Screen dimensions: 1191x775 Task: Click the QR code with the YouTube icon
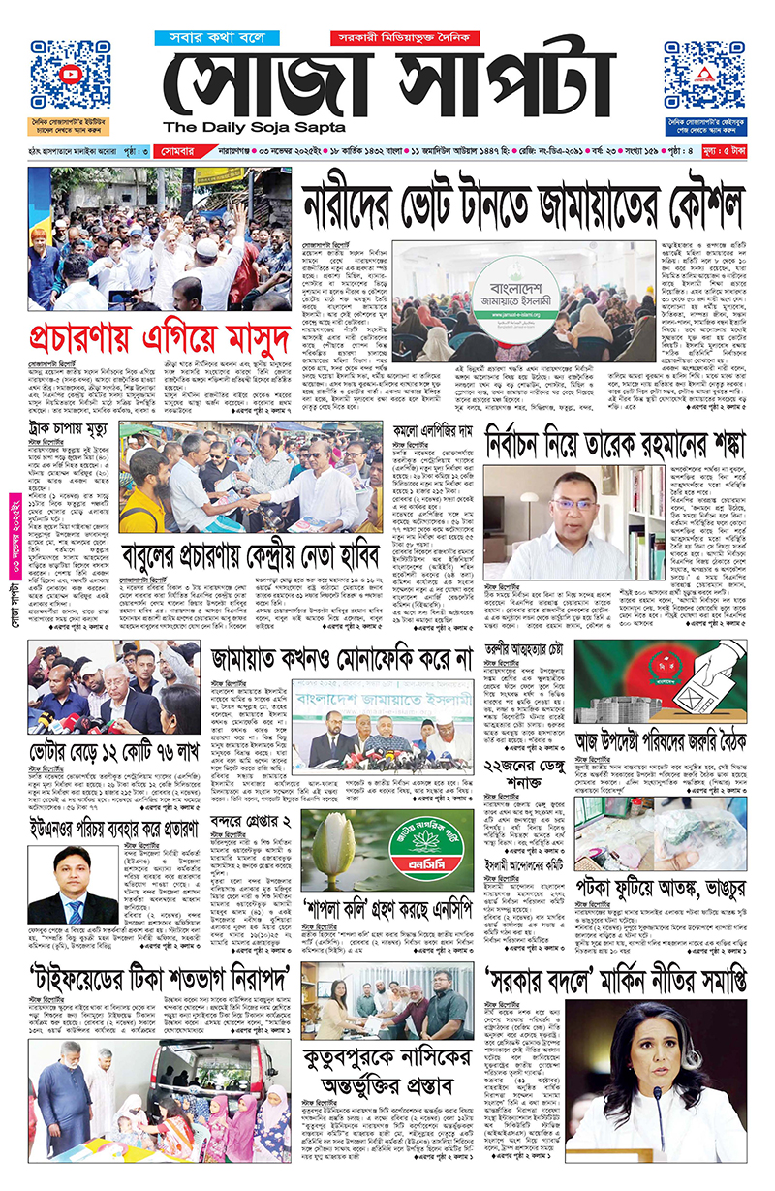[x=70, y=76]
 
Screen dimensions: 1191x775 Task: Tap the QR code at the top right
[x=704, y=76]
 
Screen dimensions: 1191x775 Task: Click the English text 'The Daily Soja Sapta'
[x=254, y=127]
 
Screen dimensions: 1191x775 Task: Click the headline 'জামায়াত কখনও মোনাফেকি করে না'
[x=341, y=660]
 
